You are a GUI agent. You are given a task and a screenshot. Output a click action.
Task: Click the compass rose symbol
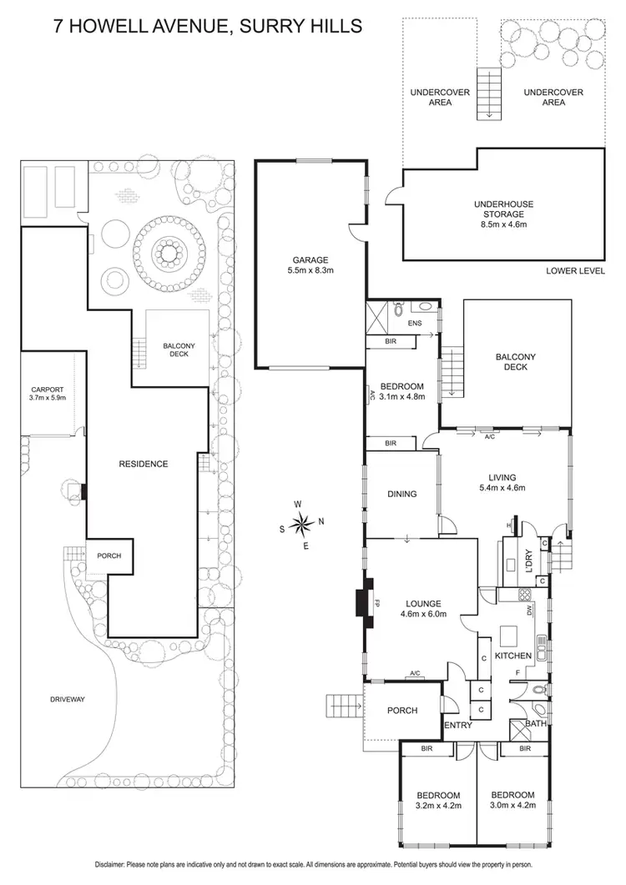[303, 525]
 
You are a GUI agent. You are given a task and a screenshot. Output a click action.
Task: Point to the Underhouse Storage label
[503, 214]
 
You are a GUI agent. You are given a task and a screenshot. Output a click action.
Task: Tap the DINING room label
[402, 495]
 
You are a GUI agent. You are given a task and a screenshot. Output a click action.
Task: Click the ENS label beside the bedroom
[414, 324]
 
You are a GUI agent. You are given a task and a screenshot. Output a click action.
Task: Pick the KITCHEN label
[512, 656]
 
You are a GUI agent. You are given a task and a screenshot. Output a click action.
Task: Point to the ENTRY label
[459, 725]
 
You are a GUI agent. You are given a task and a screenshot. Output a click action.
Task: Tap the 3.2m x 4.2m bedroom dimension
[439, 806]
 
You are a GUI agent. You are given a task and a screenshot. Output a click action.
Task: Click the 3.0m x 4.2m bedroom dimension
[512, 806]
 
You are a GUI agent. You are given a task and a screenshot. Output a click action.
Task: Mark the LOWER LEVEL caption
[574, 270]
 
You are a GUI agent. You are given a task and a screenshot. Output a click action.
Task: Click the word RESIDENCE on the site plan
[144, 464]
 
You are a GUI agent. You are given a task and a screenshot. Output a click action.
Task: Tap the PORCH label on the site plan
[110, 556]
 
